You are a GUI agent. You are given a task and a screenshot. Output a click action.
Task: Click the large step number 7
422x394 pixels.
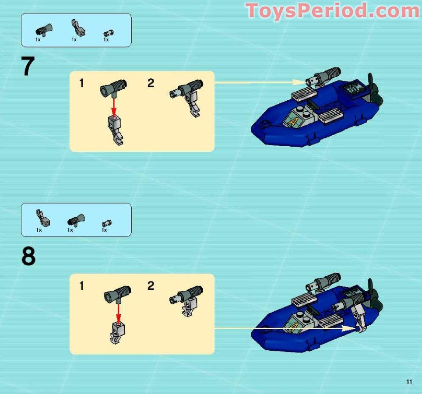pyautogui.click(x=28, y=67)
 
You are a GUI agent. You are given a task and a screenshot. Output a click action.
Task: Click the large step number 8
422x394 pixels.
pyautogui.click(x=28, y=257)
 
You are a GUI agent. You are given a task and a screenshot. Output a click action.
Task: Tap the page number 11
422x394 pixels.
pyautogui.click(x=409, y=382)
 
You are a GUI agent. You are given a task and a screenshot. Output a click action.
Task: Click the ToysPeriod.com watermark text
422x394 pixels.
pyautogui.click(x=333, y=11)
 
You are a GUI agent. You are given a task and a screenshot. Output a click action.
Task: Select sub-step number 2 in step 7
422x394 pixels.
pyautogui.click(x=151, y=83)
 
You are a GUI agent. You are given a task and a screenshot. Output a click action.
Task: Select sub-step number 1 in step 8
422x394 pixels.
pyautogui.click(x=81, y=286)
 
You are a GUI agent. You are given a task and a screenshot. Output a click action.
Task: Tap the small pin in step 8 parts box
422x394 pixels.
pyautogui.click(x=105, y=223)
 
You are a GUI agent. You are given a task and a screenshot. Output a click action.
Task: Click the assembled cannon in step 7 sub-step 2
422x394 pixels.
pyautogui.click(x=186, y=95)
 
